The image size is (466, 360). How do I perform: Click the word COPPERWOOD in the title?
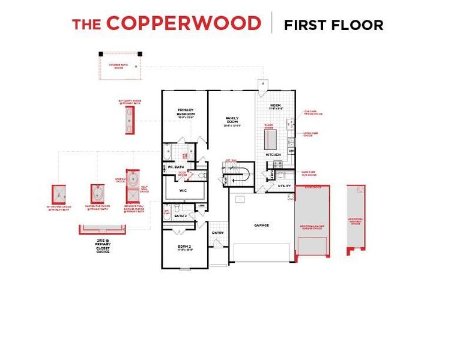point(183,24)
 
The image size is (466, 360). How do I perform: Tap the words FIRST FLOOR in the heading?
point(333,25)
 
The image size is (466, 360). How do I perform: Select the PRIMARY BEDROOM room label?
point(184,112)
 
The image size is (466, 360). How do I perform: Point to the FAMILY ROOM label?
point(232,120)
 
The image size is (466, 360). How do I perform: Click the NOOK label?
point(276,106)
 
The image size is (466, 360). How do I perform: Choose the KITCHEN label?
point(273,155)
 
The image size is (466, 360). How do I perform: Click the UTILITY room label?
point(284,187)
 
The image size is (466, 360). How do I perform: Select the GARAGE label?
point(261,225)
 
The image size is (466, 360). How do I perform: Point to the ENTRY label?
point(217,233)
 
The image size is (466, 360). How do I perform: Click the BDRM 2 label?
point(184,247)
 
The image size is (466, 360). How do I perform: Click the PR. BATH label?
point(175,167)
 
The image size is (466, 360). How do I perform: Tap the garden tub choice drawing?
point(98,194)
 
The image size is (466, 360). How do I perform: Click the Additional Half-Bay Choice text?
point(356,220)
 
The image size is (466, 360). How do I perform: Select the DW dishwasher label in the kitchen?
point(291,151)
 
